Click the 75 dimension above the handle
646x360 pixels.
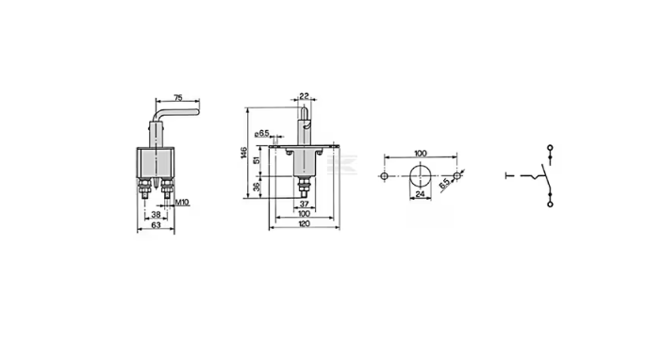point(178,98)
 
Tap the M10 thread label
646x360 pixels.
point(182,203)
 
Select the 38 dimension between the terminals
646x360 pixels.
point(156,214)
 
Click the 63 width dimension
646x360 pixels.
point(156,225)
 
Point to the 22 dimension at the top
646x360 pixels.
point(304,96)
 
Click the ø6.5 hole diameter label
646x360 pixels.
point(262,133)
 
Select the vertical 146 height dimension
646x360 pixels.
point(243,153)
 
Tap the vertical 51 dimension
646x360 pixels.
point(257,160)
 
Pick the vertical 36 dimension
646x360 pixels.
point(257,187)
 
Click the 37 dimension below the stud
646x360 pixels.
point(304,204)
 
